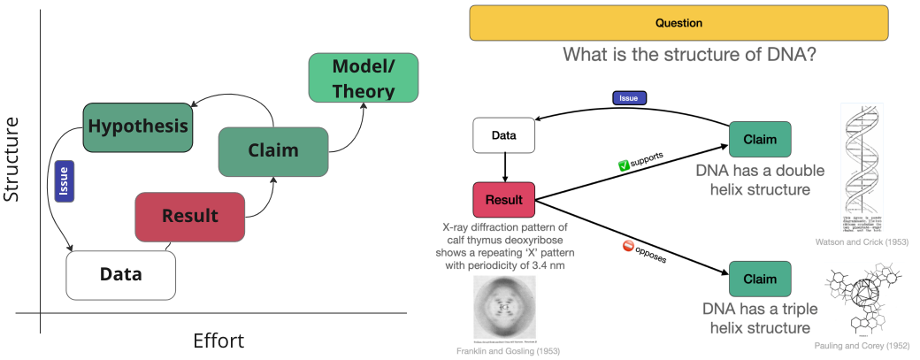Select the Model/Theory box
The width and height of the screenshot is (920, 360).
(363, 77)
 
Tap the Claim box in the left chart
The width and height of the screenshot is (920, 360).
(272, 150)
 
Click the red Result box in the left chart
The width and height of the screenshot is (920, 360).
(189, 216)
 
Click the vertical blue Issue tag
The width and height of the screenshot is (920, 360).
(62, 181)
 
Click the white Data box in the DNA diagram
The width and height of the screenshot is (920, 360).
(504, 135)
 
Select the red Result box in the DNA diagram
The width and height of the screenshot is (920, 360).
(504, 201)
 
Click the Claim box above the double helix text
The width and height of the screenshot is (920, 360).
(759, 140)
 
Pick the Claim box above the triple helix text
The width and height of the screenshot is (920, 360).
(759, 278)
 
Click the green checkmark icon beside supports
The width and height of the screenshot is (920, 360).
(623, 165)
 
